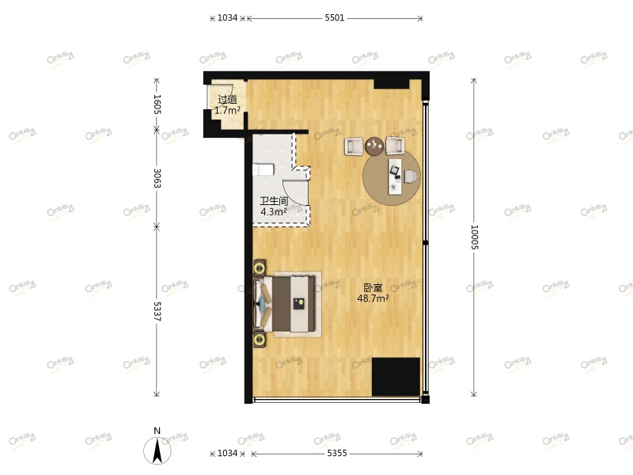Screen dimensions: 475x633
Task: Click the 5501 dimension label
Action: click(335, 17)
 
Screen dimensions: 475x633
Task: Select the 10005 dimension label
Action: click(474, 237)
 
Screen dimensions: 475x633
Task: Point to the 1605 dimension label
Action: click(157, 104)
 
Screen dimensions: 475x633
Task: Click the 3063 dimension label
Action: click(157, 179)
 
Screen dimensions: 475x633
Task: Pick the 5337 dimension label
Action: click(157, 311)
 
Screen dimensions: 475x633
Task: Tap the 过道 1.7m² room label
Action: click(227, 105)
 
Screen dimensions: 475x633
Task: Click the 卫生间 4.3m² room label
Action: click(274, 207)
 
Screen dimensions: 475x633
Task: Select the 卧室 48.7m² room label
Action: click(373, 293)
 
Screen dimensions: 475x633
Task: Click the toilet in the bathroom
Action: click(263, 169)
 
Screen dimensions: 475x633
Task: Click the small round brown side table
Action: click(374, 145)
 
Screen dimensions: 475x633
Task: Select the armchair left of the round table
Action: click(354, 146)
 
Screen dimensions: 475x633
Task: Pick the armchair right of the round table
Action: click(395, 145)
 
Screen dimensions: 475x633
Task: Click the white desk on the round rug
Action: click(395, 175)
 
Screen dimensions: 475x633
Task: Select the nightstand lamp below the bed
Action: click(260, 340)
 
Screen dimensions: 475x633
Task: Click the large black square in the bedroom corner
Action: click(396, 377)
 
